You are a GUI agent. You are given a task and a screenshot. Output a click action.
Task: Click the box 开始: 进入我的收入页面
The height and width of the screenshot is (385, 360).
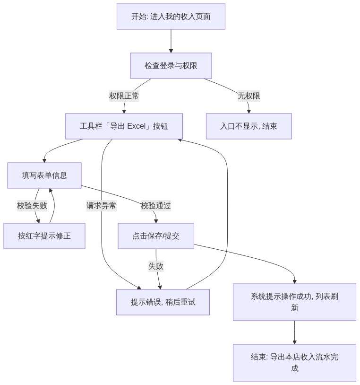coord(171,17)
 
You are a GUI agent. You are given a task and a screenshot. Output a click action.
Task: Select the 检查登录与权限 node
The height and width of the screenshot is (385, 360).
coord(171,66)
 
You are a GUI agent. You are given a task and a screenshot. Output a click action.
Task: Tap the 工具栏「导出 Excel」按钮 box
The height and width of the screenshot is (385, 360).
coord(124,126)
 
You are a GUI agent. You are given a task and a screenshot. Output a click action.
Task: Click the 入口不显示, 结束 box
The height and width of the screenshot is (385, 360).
coord(249,126)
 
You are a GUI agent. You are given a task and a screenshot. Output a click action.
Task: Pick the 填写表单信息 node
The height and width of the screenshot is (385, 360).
coord(44,175)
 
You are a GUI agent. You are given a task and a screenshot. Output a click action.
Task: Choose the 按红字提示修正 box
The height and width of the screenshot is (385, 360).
coord(44,236)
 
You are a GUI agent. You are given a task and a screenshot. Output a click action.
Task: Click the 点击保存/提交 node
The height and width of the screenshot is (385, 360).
coord(156,236)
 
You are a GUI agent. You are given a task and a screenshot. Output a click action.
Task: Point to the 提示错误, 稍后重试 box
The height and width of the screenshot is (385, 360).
coord(163,302)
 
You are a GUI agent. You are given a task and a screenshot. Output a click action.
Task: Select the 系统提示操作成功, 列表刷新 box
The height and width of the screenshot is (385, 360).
coord(294,302)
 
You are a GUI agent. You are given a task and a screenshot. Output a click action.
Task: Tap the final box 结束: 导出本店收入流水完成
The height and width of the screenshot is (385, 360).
coord(294,362)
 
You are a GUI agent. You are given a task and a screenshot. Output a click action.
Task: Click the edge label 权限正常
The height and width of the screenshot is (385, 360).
coord(124,96)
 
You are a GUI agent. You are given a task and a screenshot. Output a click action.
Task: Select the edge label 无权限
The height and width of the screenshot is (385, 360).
coord(249,96)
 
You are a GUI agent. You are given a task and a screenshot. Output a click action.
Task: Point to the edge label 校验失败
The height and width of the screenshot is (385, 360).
coord(32,206)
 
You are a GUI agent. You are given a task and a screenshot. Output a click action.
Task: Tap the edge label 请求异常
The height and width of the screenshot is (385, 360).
coord(101,206)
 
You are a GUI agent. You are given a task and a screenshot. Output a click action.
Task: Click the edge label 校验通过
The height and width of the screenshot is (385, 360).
coord(156,206)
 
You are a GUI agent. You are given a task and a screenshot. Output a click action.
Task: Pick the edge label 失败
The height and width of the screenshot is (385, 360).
coord(156,266)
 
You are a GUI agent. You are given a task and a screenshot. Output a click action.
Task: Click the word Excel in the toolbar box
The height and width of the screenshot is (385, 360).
coord(137,126)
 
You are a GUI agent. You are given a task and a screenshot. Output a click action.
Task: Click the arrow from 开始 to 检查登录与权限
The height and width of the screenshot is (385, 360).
coord(171,41)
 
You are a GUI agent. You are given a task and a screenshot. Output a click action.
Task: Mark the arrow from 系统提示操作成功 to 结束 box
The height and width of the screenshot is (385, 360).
coord(294,332)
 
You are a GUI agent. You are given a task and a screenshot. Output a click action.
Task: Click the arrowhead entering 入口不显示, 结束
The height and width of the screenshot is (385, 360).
coord(249,112)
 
